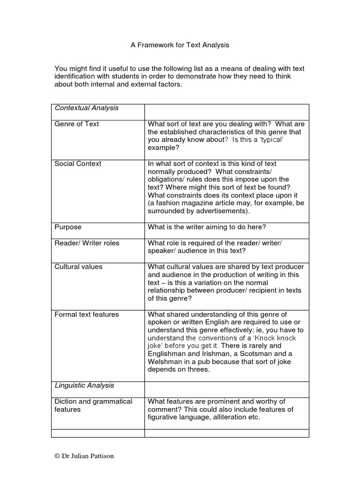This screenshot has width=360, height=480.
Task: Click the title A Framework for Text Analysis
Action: (180, 45)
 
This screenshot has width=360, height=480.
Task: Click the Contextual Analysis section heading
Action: (86, 108)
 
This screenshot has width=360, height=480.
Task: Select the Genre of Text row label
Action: (76, 124)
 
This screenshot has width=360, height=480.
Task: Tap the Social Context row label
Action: (77, 164)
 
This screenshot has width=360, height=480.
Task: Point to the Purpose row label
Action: (68, 227)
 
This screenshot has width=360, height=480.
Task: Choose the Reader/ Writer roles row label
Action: (87, 243)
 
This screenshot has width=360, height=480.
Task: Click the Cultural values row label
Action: (78, 267)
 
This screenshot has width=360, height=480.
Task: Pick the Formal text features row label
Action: (87, 314)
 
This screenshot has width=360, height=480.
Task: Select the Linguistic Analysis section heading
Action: (84, 385)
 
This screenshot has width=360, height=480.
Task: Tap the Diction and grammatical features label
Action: (93, 405)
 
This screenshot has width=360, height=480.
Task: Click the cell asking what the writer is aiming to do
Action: (207, 227)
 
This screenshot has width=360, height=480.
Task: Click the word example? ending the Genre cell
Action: (164, 148)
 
